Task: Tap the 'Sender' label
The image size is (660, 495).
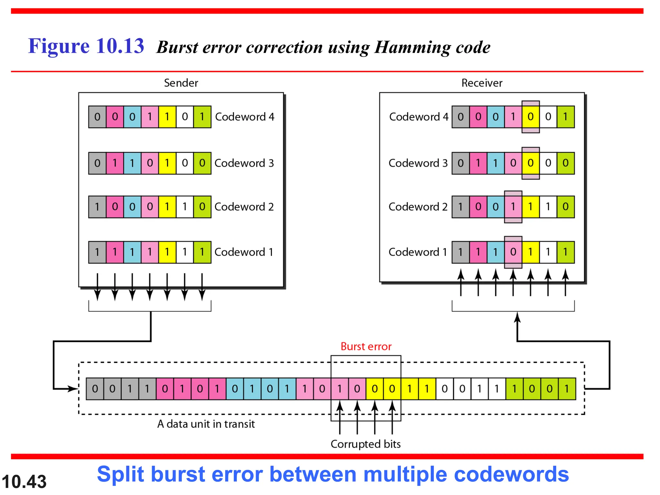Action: tap(181, 83)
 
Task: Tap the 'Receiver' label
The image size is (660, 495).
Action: tap(481, 83)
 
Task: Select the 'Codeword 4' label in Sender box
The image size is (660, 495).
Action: tap(245, 117)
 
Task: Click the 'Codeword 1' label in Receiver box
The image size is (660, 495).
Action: tap(418, 252)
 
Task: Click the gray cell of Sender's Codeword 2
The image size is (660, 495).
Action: tap(97, 207)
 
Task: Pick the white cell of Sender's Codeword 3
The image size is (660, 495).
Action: tap(185, 163)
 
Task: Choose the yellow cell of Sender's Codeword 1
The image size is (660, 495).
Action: tap(167, 252)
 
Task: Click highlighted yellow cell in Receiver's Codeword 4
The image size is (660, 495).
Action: tap(530, 117)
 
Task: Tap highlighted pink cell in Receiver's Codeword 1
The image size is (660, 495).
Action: tap(513, 252)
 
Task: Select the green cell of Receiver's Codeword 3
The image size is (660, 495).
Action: tap(566, 163)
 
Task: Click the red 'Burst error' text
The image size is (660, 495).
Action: tap(366, 346)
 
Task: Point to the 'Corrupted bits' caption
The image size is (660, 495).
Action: tap(365, 444)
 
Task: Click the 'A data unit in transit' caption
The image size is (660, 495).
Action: tap(206, 424)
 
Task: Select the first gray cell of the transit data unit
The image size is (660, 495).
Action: tap(95, 389)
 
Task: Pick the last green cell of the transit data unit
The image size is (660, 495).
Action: tap(567, 389)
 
